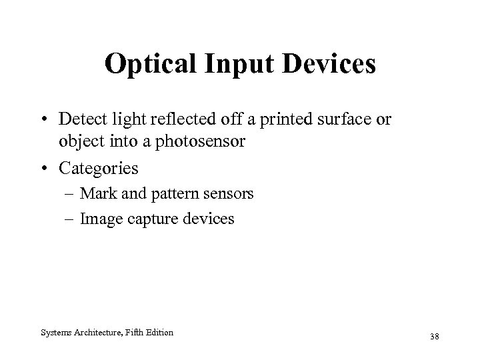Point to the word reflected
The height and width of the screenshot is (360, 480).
click(180, 119)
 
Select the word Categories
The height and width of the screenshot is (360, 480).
click(99, 168)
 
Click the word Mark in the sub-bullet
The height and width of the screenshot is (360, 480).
click(97, 194)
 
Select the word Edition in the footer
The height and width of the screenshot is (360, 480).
click(160, 332)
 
